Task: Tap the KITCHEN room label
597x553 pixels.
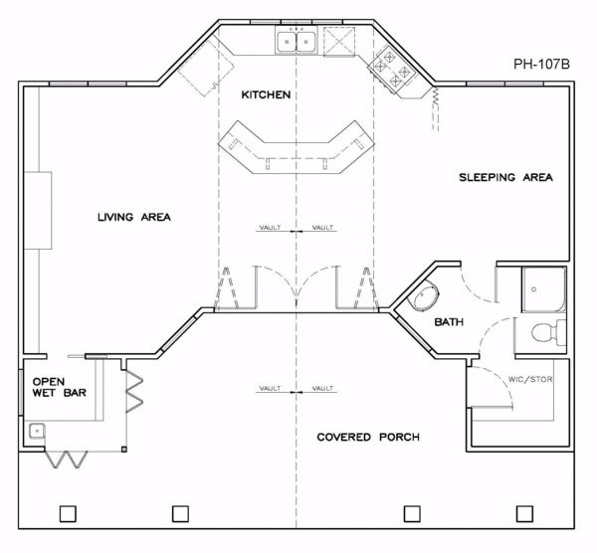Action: click(266, 95)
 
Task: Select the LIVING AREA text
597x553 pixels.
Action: click(136, 216)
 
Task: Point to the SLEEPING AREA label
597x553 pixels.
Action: click(505, 178)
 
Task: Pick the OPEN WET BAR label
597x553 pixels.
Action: click(59, 387)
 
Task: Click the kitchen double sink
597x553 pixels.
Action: click(297, 42)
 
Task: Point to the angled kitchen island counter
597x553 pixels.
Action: click(294, 147)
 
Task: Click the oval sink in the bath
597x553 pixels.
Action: click(423, 297)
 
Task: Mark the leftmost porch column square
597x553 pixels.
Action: click(68, 513)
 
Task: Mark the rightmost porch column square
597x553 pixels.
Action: click(523, 513)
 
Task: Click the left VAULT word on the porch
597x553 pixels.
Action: click(271, 388)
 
